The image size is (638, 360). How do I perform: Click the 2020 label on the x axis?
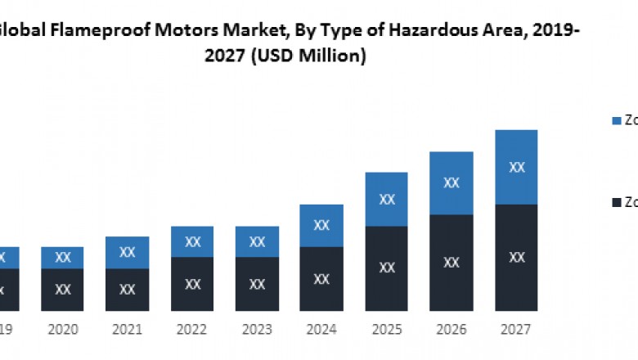pos(62,329)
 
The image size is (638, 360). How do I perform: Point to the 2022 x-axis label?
pos(192,329)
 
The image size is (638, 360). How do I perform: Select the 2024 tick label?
pos(322,329)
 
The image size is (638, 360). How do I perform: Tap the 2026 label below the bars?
pos(452,329)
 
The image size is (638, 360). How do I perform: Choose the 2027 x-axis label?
pos(516,329)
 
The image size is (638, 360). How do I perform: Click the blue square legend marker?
pos(616,121)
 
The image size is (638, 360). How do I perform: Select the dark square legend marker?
pos(616,201)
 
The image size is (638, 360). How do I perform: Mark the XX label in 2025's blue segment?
pos(387,199)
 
